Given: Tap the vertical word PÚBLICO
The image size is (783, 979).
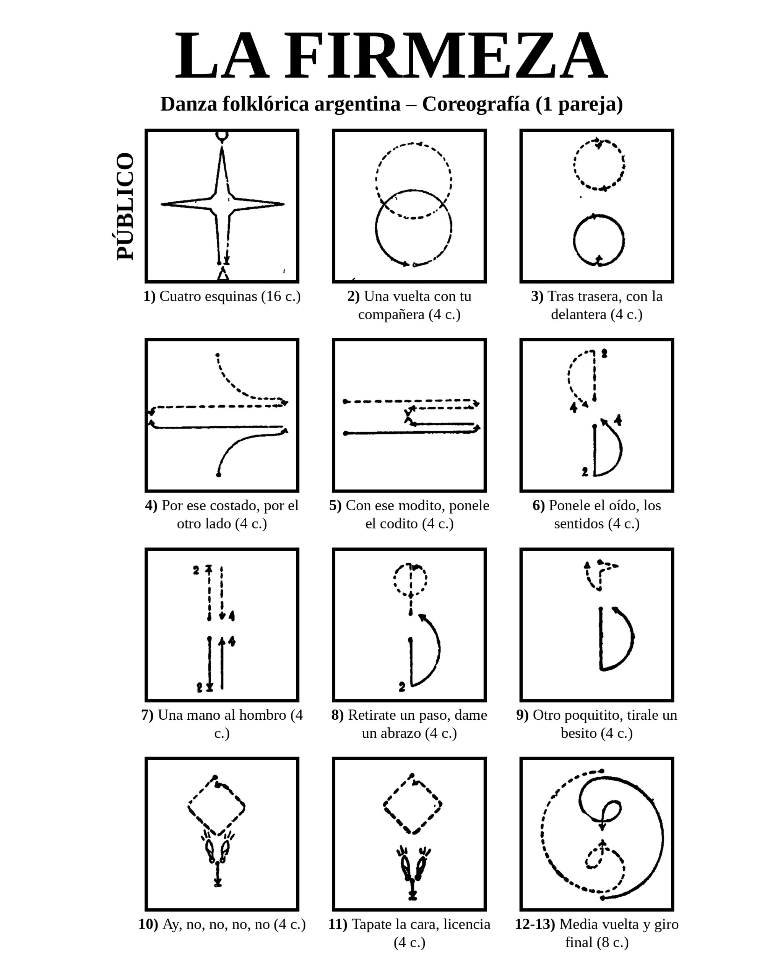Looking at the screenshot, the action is [125, 207].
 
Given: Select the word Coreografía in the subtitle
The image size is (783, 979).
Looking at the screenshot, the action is [476, 104].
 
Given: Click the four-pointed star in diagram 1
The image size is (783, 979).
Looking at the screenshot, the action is [222, 204].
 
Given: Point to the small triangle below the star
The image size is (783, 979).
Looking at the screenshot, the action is [223, 274].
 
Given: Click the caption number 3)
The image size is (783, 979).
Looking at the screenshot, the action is [537, 296].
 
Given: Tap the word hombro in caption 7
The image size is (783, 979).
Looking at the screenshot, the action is [265, 715].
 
